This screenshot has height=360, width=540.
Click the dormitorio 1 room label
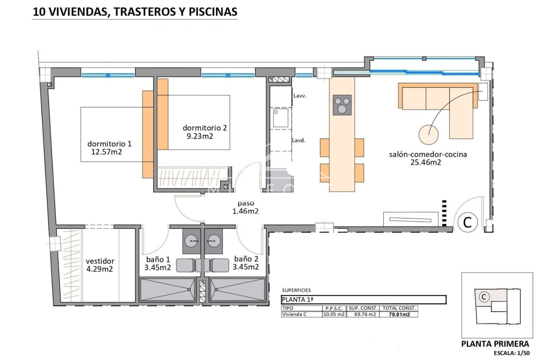point(109,144)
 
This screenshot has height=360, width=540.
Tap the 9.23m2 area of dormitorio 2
point(200,136)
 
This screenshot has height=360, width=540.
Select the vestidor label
point(100,261)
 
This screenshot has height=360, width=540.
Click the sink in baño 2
point(213,241)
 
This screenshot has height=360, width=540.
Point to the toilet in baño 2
point(220,265)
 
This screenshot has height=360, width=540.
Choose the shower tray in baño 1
point(167,289)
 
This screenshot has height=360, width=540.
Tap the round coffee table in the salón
point(428,135)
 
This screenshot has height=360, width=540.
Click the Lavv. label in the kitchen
point(300,96)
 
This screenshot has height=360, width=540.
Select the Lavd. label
point(298,140)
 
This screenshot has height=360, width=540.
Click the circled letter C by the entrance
point(467,222)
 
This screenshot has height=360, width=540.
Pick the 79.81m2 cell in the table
point(399,314)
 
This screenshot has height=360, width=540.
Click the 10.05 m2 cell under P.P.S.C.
point(334,314)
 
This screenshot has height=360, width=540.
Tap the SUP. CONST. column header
point(363,308)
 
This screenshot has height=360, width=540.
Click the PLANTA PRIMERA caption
point(495,344)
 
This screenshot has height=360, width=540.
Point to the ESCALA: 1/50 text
point(512,353)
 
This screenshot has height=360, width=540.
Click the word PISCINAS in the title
point(213,12)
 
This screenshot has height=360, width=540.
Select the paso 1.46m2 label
point(245,207)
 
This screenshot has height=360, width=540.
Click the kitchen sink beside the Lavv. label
point(281,118)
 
